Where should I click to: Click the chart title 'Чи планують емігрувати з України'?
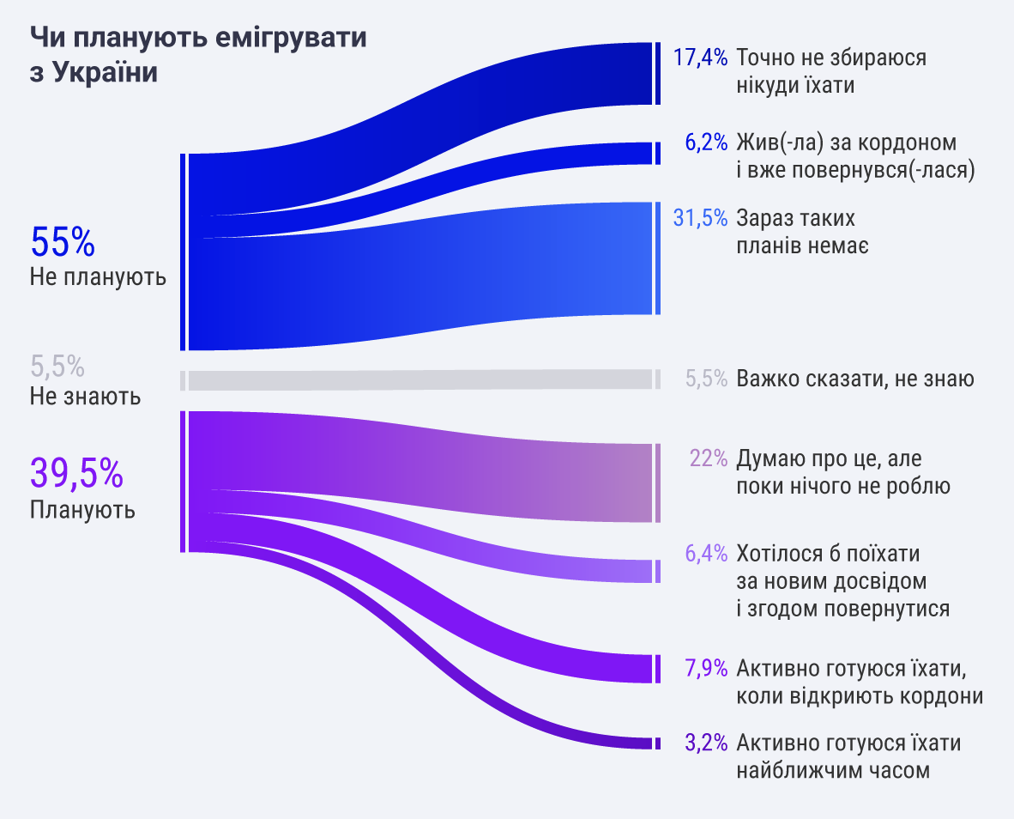pos(198,54)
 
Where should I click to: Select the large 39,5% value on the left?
pos(76,472)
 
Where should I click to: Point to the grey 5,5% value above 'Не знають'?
pos(57,367)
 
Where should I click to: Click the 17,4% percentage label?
pos(700,57)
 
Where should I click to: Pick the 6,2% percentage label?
pos(706,142)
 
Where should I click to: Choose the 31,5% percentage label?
pos(700,217)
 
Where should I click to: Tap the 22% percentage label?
pos(709,458)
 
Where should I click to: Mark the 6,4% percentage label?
pos(706,553)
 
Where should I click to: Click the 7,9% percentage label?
pos(706,668)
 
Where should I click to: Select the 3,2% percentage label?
pos(706,742)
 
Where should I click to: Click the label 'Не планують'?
pos(98,277)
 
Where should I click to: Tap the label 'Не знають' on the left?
pos(85,396)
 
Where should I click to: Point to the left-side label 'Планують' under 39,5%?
pos(82,510)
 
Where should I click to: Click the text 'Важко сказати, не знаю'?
pos(855,379)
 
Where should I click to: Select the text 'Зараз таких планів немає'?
pos(802,232)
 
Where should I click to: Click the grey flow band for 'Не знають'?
pos(420,379)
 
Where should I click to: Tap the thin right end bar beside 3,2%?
pos(658,743)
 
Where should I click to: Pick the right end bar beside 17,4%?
pos(658,73)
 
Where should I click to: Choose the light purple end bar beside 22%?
pos(658,482)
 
